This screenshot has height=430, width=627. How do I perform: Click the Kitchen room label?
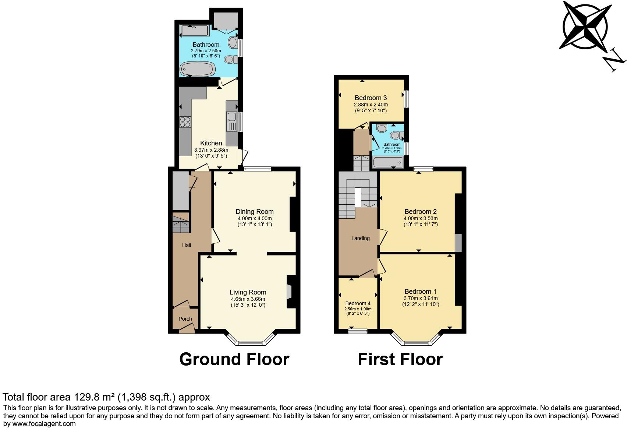pyautogui.click(x=211, y=143)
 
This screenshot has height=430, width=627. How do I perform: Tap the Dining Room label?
pyautogui.click(x=255, y=212)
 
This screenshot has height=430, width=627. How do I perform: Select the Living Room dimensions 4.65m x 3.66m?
pyautogui.click(x=248, y=299)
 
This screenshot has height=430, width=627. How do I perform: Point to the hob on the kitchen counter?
pyautogui.click(x=185, y=122)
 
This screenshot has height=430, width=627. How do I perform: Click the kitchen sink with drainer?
pyautogui.click(x=232, y=122)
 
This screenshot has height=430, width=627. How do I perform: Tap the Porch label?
pyautogui.click(x=185, y=319)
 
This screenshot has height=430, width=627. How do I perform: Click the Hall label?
pyautogui.click(x=187, y=245)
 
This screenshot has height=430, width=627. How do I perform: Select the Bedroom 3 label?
pyautogui.click(x=371, y=98)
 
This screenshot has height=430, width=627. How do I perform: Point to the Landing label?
pyautogui.click(x=360, y=238)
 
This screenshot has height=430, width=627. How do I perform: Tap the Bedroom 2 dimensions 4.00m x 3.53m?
pyautogui.click(x=421, y=218)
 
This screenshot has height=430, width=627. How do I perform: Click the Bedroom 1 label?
pyautogui.click(x=421, y=291)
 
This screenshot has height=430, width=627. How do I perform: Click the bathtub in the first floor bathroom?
pyautogui.click(x=387, y=162)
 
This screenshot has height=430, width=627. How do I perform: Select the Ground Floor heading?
pyautogui.click(x=234, y=359)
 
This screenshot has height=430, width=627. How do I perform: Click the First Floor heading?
pyautogui.click(x=400, y=359)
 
